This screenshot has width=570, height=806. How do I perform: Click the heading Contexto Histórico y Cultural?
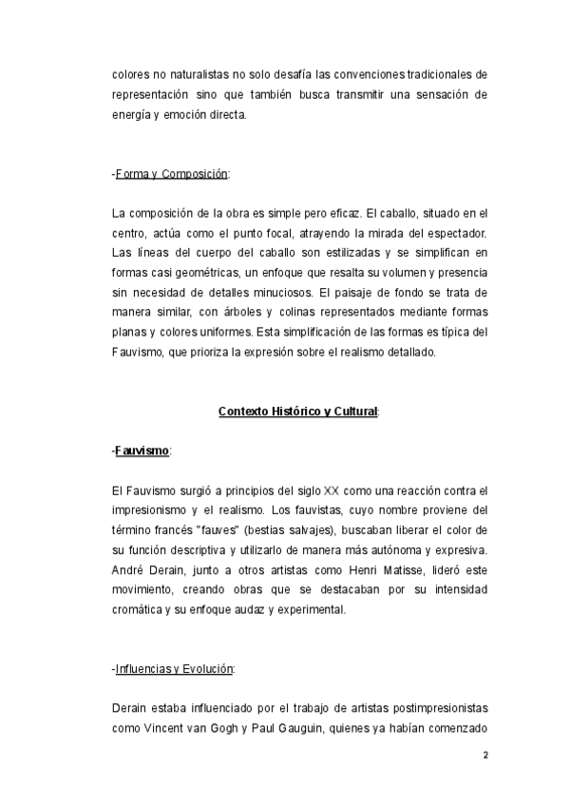coord(297,412)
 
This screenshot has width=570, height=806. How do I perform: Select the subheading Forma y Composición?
coord(171,174)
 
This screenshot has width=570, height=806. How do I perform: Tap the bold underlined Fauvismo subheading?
coord(142,450)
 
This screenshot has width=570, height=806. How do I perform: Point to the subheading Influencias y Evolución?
coord(173,668)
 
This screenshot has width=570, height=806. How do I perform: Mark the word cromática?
coord(141,610)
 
